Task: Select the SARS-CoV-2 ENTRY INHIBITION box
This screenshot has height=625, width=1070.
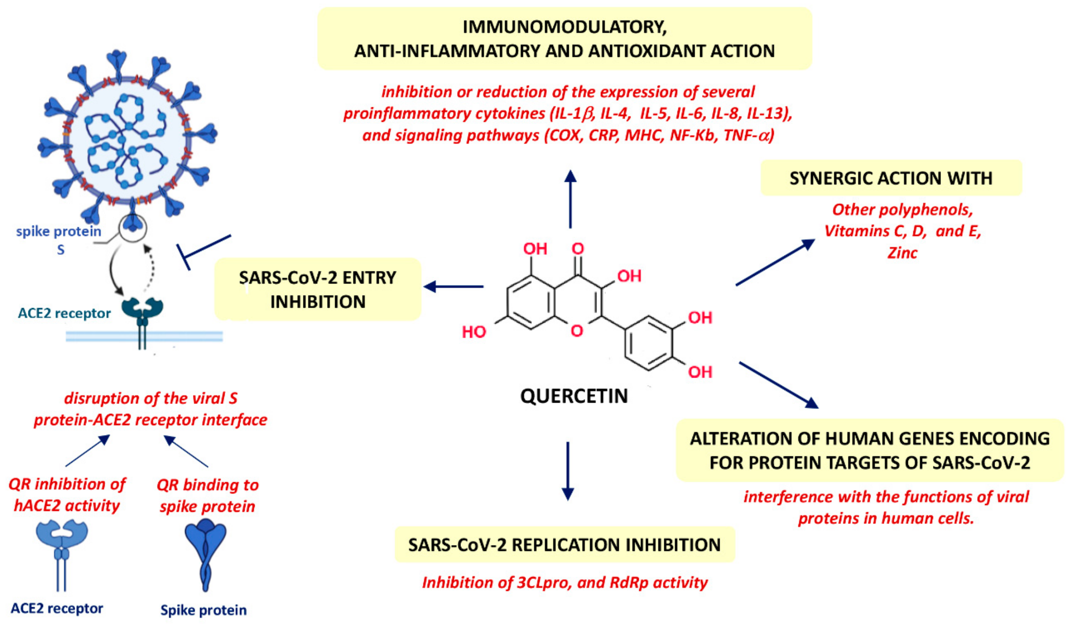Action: pos(318,289)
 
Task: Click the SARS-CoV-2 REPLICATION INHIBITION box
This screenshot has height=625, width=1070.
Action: pos(564,545)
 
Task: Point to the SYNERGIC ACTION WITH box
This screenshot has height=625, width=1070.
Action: pos(891,178)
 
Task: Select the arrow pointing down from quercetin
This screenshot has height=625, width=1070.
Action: pos(568,471)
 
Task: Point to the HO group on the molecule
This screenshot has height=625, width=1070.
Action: pos(473,332)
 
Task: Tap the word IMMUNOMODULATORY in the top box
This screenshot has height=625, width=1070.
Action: pos(564,27)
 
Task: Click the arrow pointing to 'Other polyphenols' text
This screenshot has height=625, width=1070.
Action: pos(775,262)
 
